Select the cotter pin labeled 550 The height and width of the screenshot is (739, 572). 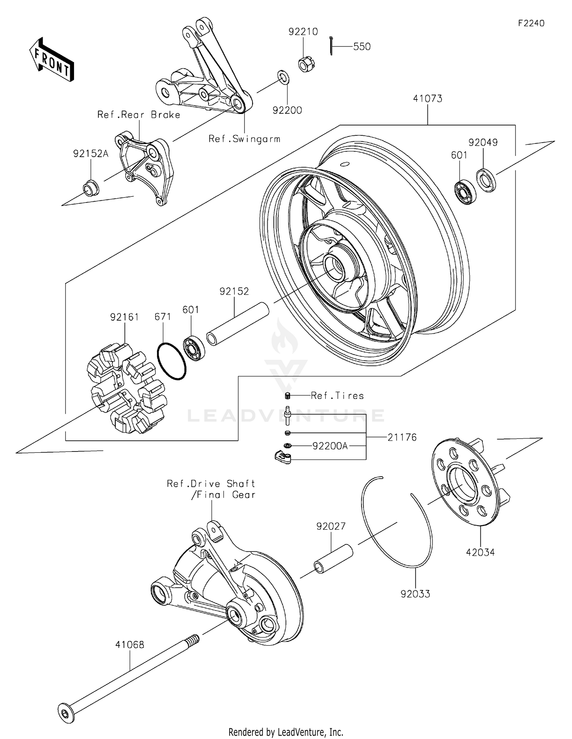pos(331,46)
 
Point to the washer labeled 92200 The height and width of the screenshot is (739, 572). pos(283,77)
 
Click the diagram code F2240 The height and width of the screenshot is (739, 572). pos(531,23)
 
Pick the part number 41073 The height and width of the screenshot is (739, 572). pos(427,99)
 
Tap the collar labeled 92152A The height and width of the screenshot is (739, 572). pos(91,188)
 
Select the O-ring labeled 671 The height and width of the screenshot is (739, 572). pos(172,361)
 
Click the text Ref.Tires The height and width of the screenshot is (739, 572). pos(337,396)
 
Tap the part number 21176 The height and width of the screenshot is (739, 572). pos(402,437)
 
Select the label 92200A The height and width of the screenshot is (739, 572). pos(330,446)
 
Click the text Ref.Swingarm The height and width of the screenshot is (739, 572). pos(244,139)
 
